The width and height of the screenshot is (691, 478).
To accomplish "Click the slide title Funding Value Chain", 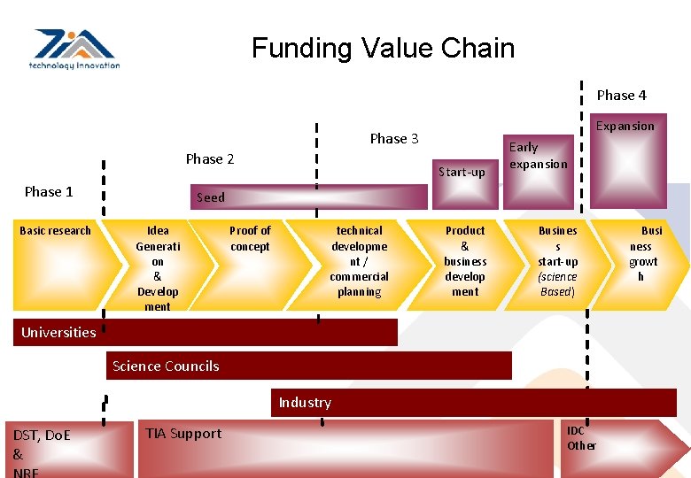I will coord(383,48).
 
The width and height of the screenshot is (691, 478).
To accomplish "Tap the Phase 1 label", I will coord(49,192).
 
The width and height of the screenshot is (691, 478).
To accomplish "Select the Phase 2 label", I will coord(210,159).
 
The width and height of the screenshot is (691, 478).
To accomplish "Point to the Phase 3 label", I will coord(394,138).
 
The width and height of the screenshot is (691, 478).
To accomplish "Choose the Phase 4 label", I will coord(621,96).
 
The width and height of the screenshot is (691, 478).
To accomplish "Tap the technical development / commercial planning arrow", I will coord(359,261).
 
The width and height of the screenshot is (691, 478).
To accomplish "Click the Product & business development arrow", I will coord(465,261).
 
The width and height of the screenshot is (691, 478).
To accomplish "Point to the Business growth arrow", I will coord(643,261).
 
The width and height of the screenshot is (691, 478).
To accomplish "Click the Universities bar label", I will coord(58,333).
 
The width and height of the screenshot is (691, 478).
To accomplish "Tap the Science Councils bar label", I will coord(166,366).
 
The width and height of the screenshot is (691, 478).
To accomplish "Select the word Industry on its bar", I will coord(305,403).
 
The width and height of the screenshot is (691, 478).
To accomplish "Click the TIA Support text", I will coord(183,434).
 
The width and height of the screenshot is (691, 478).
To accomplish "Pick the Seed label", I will coord(211,197).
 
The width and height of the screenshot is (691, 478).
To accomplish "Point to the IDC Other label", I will coord(581,438).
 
